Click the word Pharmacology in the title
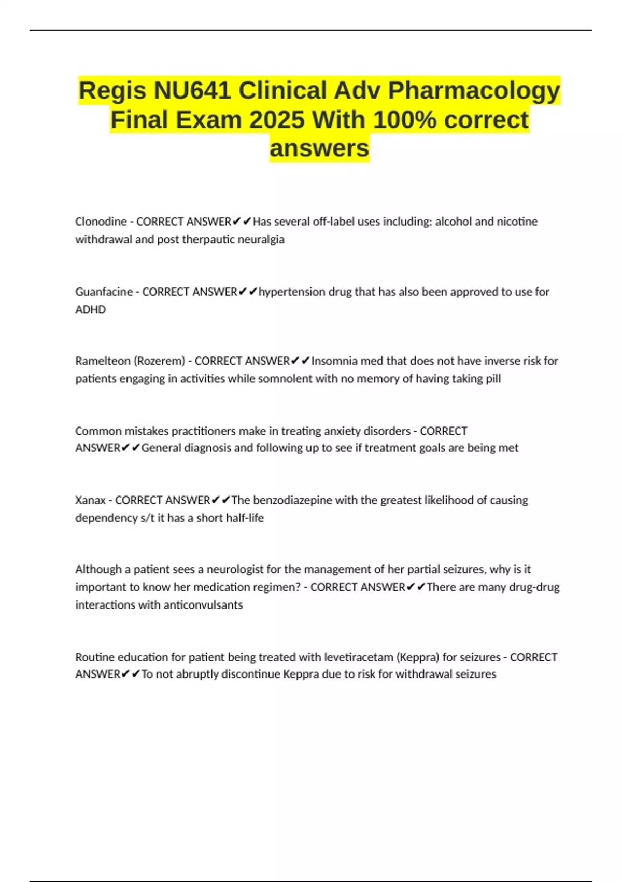tap(474, 91)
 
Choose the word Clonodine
tap(101, 222)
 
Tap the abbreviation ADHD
tap(90, 310)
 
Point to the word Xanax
tap(90, 500)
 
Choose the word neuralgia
tap(261, 240)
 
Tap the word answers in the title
tap(319, 148)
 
